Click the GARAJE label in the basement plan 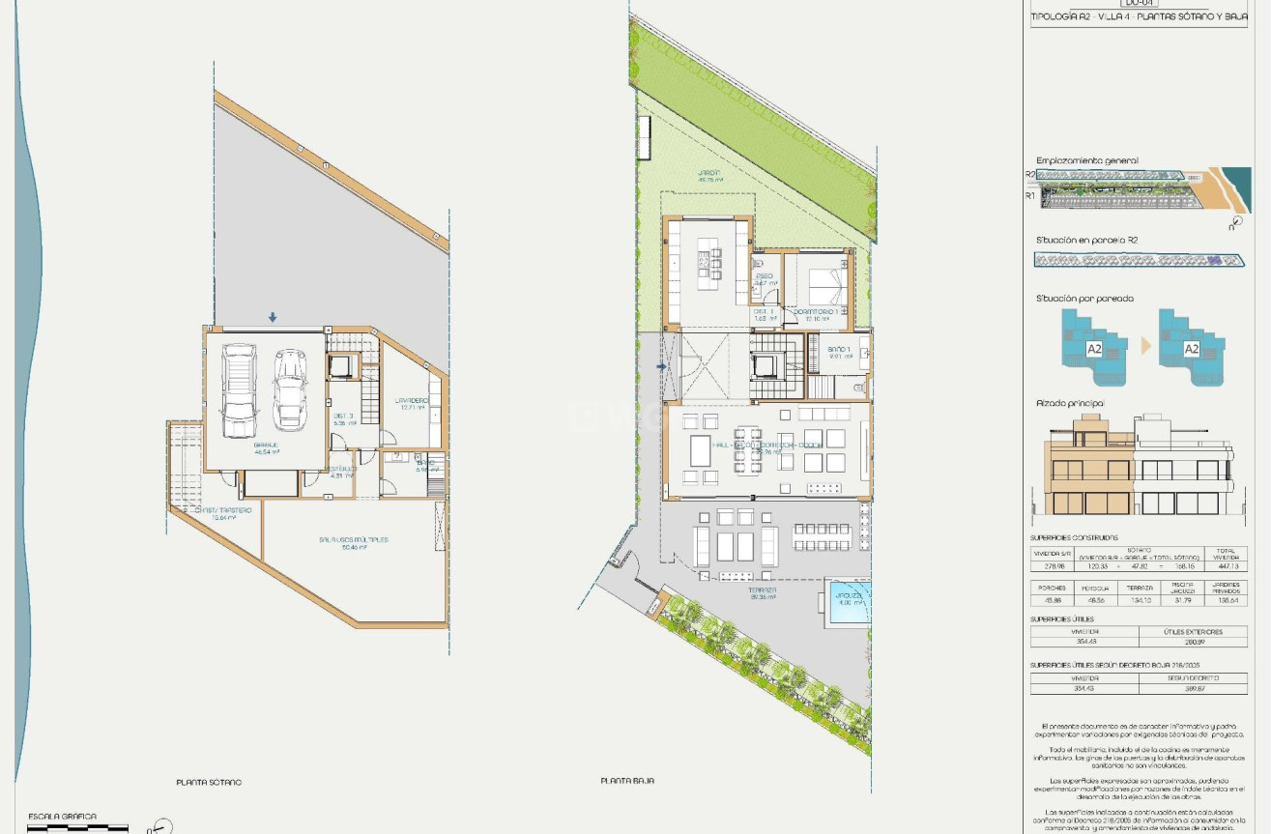(x=266, y=445)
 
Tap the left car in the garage (x=240, y=391)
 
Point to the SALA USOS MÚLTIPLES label (x=353, y=539)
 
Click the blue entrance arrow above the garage (x=273, y=317)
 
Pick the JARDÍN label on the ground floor (x=710, y=174)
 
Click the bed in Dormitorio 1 (x=822, y=286)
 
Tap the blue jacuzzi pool (x=848, y=602)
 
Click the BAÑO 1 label (x=838, y=348)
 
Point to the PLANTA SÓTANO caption (x=209, y=782)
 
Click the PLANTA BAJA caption (x=627, y=781)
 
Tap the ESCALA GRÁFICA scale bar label (x=62, y=817)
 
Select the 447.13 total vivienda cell (x=1226, y=566)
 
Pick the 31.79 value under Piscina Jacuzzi (x=1183, y=600)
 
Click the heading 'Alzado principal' (x=1070, y=403)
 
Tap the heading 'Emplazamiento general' (x=1087, y=161)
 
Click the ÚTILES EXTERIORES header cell (x=1193, y=631)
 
